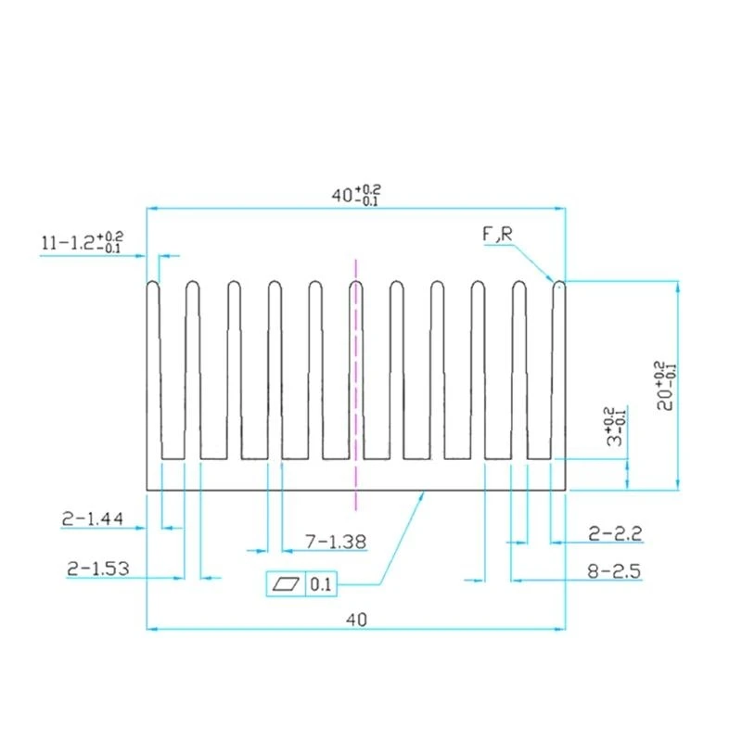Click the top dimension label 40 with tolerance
[356, 195]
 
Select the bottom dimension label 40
[356, 620]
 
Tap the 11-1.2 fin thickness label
[83, 242]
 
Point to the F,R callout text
[497, 234]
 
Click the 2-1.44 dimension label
[93, 519]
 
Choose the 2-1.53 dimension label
[98, 569]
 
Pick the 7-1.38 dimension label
[336, 542]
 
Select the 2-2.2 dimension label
[615, 534]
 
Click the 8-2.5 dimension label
[614, 571]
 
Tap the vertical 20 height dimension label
[666, 386]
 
